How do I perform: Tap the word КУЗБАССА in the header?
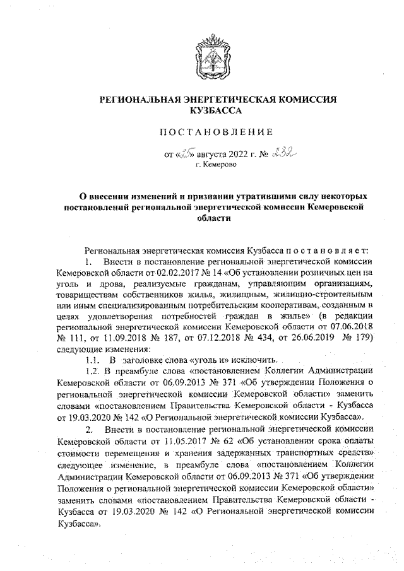216,110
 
